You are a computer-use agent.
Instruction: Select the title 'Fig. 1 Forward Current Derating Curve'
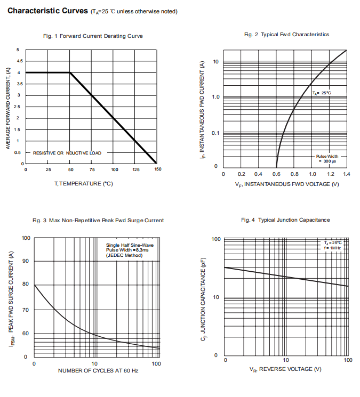pos(93,36)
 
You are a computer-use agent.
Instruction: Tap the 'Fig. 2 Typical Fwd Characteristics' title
pos(286,35)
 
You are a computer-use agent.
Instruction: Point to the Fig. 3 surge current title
pos(98,220)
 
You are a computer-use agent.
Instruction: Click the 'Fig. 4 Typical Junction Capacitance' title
pos(285,220)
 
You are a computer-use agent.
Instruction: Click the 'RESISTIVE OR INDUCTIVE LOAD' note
pos(67,153)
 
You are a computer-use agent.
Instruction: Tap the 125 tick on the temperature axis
pos(136,169)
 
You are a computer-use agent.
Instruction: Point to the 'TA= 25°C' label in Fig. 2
pos(322,93)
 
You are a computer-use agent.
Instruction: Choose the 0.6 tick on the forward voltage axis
pos(276,174)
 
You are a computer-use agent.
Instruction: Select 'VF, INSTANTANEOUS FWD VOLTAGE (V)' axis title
pos(287,184)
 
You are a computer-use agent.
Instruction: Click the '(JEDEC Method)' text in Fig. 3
pos(124,256)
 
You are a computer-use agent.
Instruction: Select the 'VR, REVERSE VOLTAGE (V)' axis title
pos(286,369)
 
